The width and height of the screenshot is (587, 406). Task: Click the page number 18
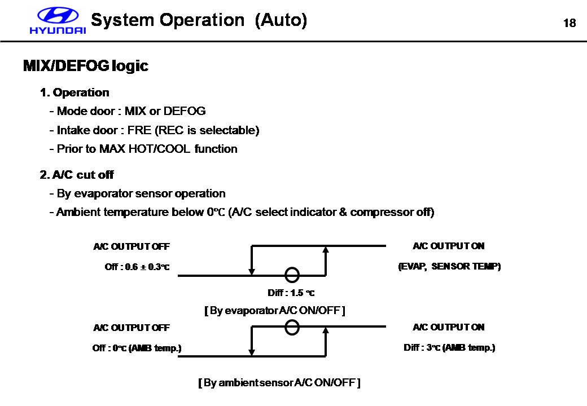pos(570,23)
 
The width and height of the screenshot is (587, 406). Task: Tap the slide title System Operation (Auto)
pos(199,20)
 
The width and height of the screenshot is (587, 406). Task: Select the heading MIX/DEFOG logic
pos(85,66)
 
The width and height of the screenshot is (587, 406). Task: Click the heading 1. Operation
pos(75,92)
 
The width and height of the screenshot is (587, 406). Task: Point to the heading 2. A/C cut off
pos(77,175)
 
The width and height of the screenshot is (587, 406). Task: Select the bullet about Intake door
pos(154,130)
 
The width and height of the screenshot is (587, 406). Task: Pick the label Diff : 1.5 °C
pos(291,293)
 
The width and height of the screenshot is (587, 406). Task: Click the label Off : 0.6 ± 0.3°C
pos(137,267)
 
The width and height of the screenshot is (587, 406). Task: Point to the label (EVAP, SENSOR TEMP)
pos(449,266)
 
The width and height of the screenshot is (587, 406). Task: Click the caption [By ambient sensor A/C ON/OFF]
pos(279,383)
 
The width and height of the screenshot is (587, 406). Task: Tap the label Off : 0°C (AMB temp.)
pos(137,348)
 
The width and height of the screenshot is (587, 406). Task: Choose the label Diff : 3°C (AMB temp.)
pos(449,347)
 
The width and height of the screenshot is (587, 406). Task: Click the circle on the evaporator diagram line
pos(292,275)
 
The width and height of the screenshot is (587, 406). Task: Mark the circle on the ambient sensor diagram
pos(292,327)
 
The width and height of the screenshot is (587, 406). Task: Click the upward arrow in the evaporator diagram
pos(326,260)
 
